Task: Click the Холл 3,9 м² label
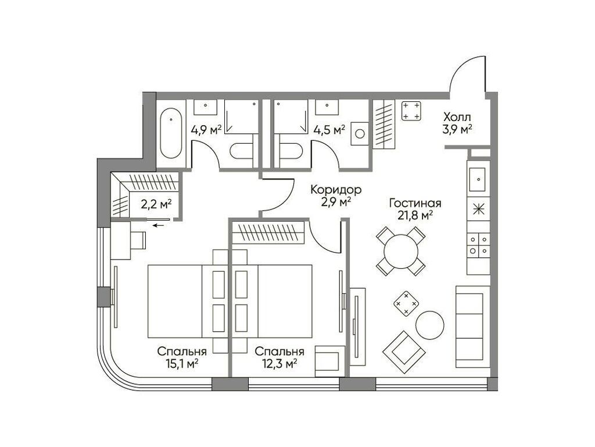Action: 457,122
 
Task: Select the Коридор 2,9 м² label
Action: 336,196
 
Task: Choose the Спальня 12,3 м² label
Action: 279,357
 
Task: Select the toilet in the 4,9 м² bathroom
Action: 242,151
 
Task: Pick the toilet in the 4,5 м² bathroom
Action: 291,151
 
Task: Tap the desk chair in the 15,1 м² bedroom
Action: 139,239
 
